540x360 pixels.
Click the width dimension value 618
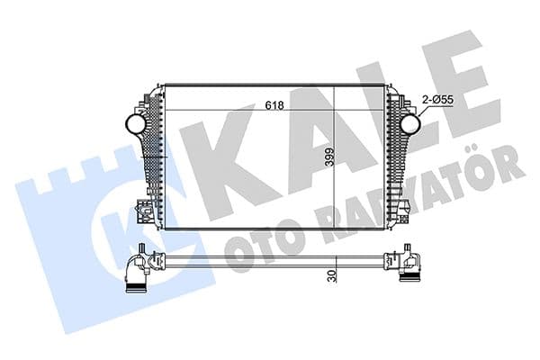[274, 105]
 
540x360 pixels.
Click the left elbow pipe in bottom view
[135, 270]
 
